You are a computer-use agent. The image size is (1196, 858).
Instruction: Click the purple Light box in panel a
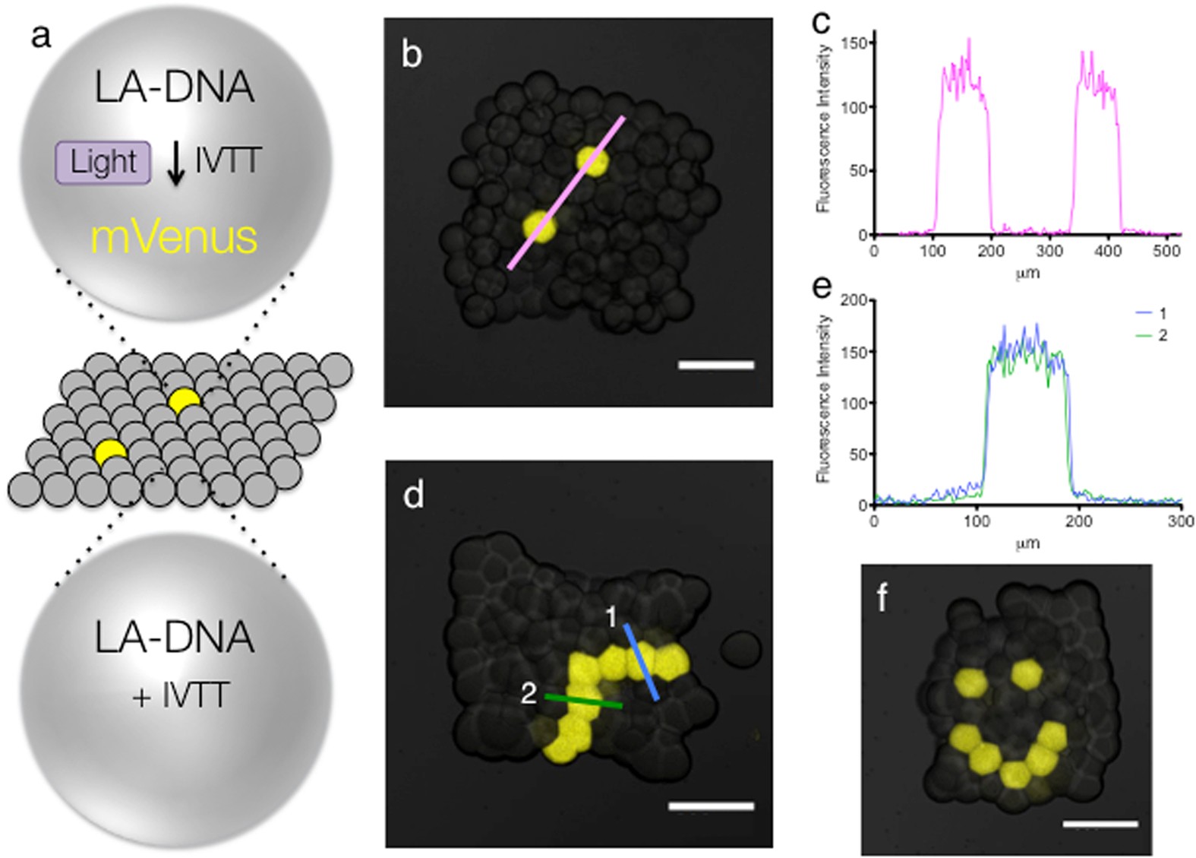coord(103,162)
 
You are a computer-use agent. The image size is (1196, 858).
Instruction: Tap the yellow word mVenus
coord(174,237)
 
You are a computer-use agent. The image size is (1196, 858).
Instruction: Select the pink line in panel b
coord(566,192)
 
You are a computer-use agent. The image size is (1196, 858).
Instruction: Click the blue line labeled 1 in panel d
coord(642,661)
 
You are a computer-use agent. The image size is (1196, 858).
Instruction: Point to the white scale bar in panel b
coord(715,366)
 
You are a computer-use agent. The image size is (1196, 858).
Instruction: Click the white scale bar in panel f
coord(1100,823)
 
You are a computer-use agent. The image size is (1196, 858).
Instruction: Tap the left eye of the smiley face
coord(970,682)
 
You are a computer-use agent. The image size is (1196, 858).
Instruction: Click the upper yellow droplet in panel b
coord(592,161)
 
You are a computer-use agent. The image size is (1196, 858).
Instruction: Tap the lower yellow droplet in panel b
coord(539,226)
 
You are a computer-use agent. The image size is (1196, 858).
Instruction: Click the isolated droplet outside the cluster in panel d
coord(740,649)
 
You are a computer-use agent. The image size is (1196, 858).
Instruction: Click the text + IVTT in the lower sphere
coord(180,695)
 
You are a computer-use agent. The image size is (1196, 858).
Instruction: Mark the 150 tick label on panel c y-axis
coord(856,43)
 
